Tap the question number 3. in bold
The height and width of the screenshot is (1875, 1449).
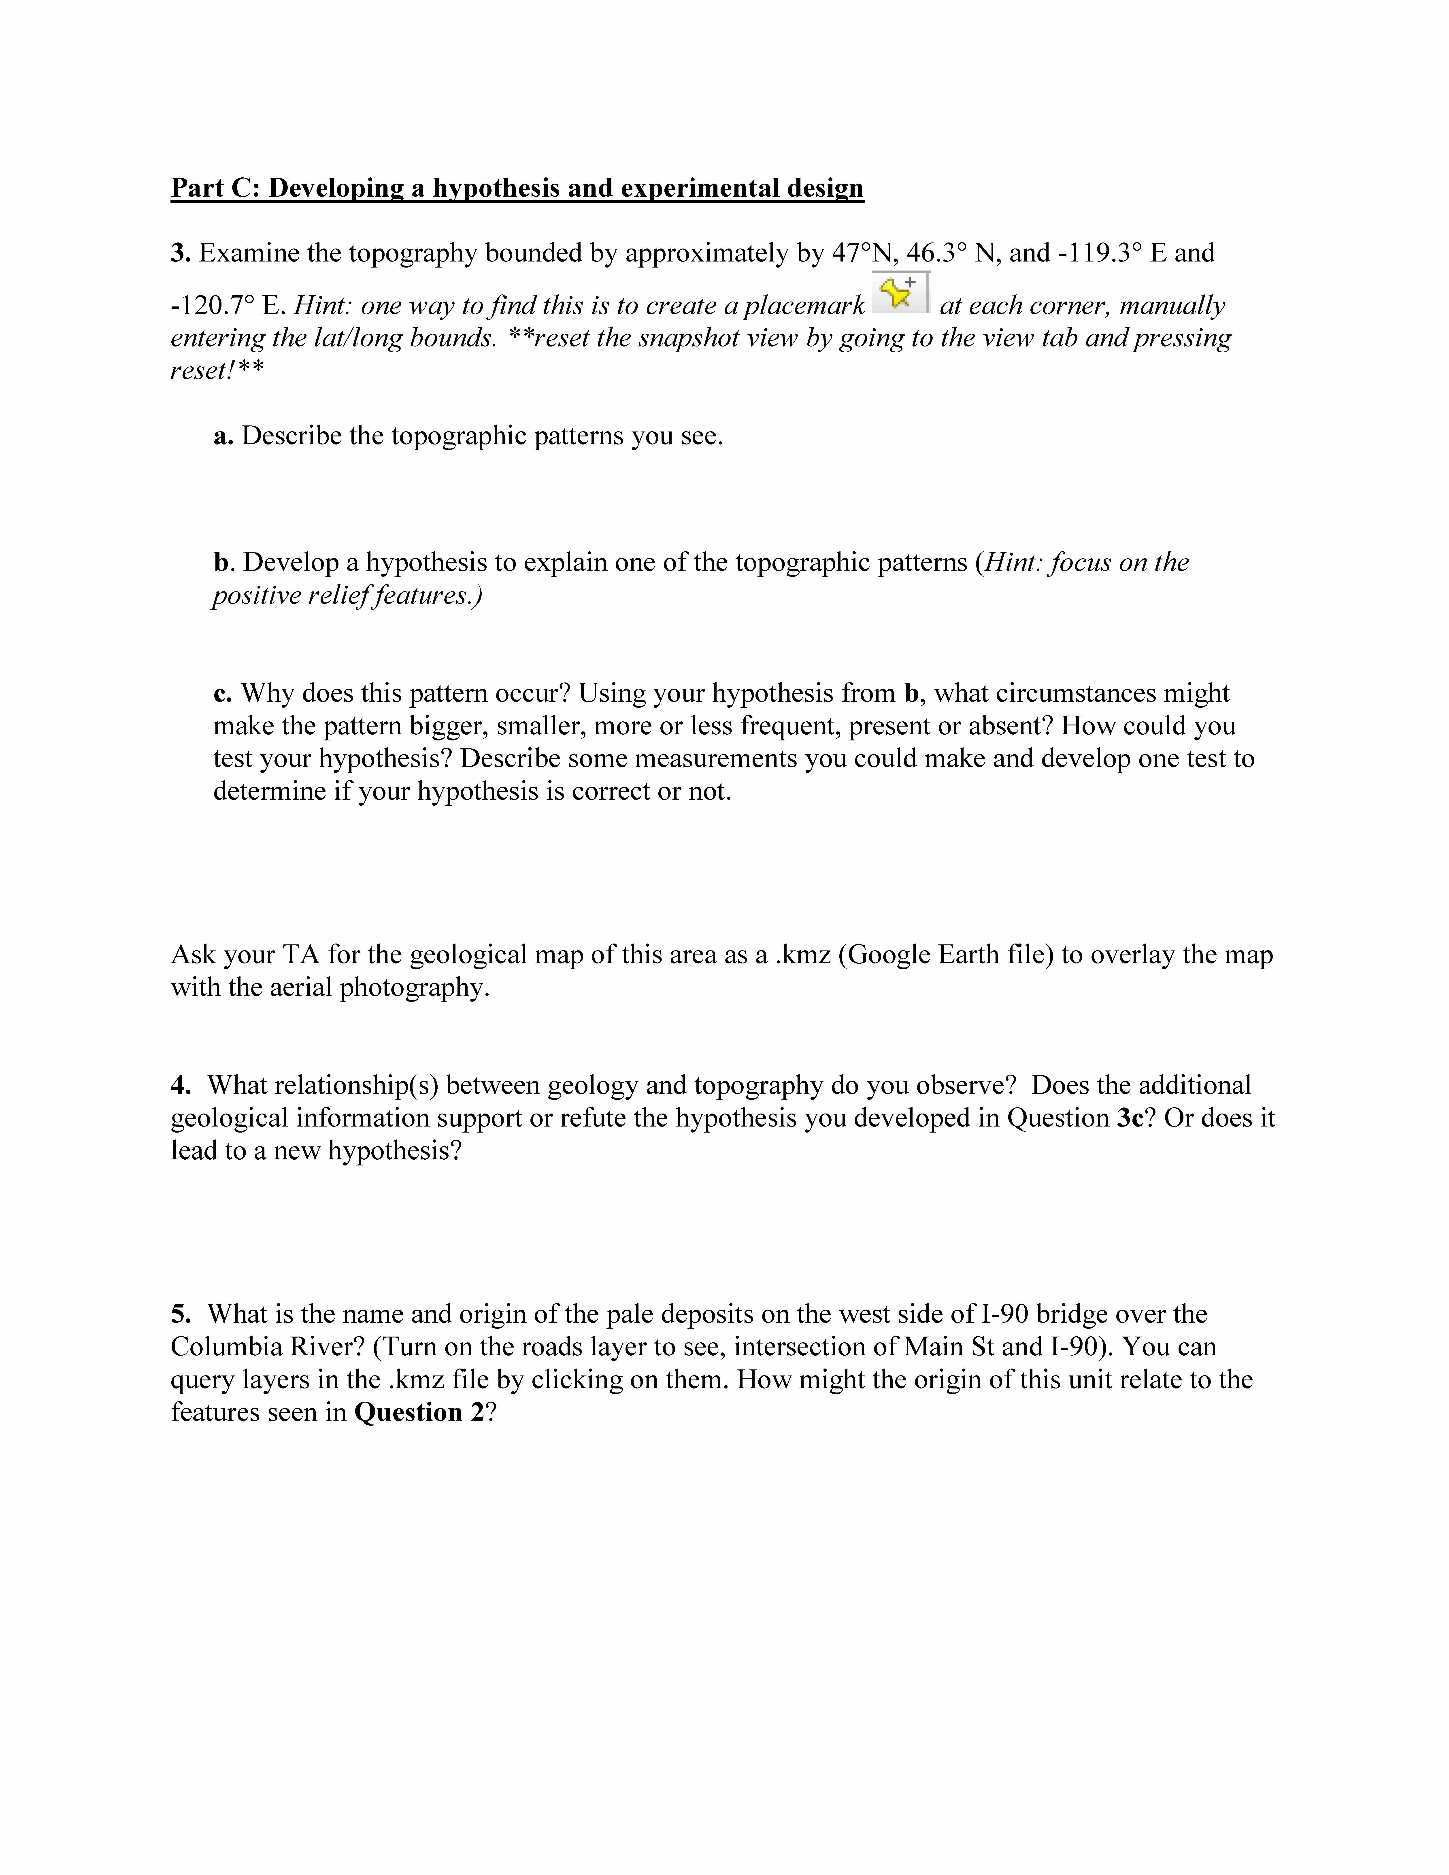[179, 253]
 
